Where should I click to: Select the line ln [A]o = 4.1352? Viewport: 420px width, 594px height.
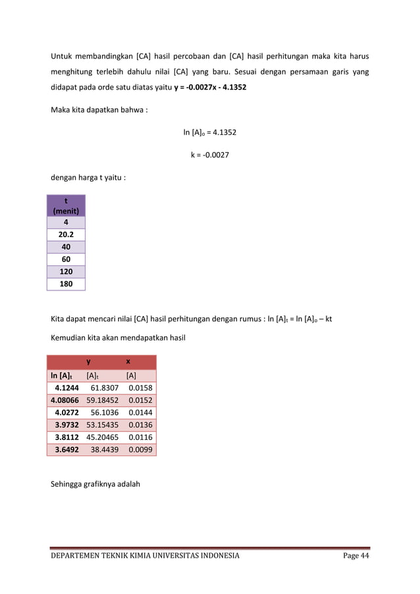(x=210, y=132)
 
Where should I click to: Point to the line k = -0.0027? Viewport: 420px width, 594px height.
(x=210, y=155)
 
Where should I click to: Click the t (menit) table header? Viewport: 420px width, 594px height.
(x=66, y=206)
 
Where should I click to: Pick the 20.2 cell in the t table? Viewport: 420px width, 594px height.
(x=66, y=235)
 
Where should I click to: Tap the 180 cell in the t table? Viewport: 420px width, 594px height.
(x=66, y=284)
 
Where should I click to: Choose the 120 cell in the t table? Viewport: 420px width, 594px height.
(x=66, y=272)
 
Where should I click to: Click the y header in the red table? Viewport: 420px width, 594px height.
(x=88, y=362)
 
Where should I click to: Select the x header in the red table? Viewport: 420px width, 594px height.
(x=128, y=362)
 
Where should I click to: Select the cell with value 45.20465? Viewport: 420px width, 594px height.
(x=103, y=437)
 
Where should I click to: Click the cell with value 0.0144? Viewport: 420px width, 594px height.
(x=141, y=412)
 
